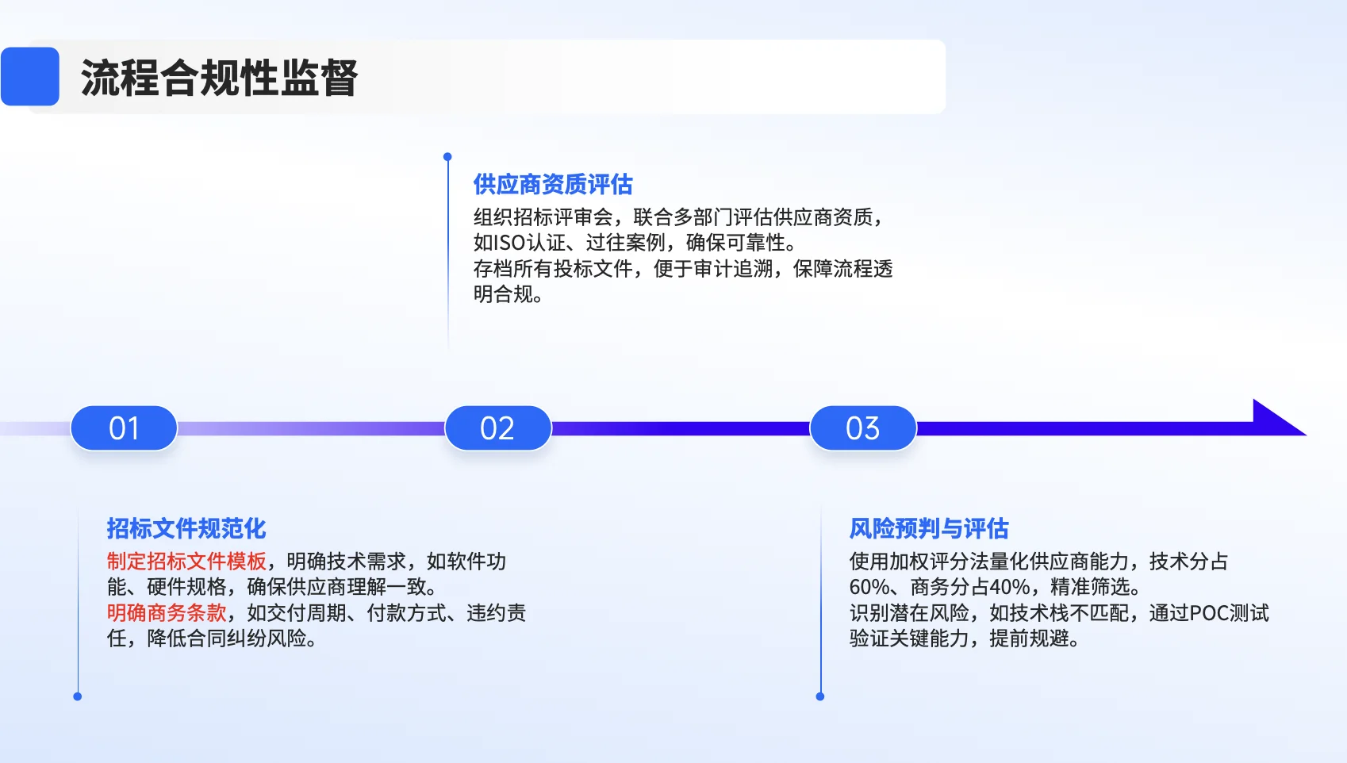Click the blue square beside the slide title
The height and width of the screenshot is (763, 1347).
point(30,77)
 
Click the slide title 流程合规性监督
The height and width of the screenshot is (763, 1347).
point(219,78)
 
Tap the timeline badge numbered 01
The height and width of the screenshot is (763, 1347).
point(124,428)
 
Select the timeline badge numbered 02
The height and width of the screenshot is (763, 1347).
point(497,428)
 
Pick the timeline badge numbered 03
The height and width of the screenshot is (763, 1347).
point(862,428)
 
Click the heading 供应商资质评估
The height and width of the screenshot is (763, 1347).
point(553,185)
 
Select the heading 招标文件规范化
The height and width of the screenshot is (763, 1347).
point(186,529)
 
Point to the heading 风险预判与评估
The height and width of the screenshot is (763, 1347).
point(929,529)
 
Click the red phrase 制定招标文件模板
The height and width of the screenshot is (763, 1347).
point(186,562)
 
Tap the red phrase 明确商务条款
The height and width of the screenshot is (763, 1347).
point(167,613)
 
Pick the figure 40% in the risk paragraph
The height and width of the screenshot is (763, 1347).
point(1009,588)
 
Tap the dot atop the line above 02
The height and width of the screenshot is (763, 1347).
point(447,157)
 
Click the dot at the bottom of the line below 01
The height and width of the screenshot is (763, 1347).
point(78,696)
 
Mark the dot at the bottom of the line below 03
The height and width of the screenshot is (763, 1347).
point(820,696)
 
